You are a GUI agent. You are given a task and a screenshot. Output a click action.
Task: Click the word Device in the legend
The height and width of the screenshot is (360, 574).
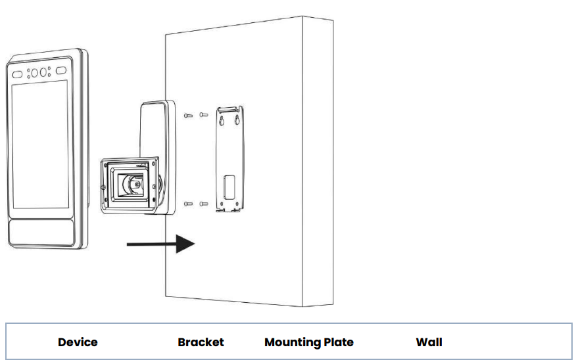click(x=78, y=342)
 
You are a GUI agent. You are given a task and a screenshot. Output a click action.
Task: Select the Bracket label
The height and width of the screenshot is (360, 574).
click(x=201, y=342)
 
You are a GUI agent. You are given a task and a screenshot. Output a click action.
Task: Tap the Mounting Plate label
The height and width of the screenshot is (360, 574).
click(x=309, y=342)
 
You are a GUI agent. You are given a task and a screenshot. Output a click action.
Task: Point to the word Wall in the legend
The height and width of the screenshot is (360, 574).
click(x=429, y=342)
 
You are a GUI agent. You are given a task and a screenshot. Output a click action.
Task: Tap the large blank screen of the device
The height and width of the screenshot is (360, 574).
click(x=40, y=145)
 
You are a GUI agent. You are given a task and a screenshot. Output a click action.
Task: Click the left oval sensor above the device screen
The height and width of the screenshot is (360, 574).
click(x=17, y=75)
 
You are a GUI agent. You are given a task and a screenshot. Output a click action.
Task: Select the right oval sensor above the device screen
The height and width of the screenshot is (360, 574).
click(x=61, y=70)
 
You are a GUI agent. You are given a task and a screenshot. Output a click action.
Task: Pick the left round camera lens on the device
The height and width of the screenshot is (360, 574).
click(x=35, y=73)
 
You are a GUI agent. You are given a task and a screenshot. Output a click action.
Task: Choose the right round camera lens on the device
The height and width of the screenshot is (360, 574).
click(x=43, y=72)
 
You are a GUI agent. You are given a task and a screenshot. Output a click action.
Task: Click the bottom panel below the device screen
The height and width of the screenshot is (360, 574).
click(x=41, y=233)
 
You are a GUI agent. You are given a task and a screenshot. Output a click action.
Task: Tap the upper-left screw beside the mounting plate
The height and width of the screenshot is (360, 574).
click(x=189, y=116)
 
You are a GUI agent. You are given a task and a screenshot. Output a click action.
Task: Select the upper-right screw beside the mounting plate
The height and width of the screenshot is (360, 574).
click(x=204, y=114)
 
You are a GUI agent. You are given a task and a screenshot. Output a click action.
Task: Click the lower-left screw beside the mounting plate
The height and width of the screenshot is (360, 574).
click(x=189, y=204)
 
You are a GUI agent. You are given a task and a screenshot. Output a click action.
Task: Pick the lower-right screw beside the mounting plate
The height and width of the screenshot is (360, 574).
click(x=204, y=204)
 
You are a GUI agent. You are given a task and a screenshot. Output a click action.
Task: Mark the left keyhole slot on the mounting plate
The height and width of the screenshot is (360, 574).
click(x=222, y=121)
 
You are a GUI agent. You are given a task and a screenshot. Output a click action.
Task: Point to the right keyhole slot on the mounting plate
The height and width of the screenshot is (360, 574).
click(x=237, y=120)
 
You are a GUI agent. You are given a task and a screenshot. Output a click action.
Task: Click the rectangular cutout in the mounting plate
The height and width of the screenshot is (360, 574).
click(x=229, y=187)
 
